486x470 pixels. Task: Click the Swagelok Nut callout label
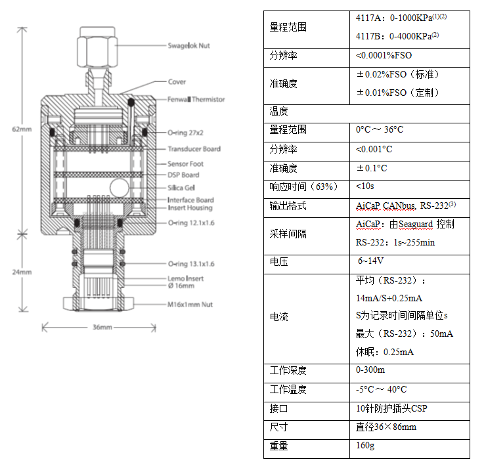(188, 46)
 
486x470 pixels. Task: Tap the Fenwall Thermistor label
(196, 100)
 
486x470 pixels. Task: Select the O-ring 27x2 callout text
(185, 133)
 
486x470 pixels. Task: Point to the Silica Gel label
(181, 188)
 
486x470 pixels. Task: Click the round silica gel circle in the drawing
(120, 188)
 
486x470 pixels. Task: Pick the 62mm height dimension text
(22, 129)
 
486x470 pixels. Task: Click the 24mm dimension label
(22, 272)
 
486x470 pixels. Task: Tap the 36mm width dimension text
(102, 327)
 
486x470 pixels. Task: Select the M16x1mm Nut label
(190, 305)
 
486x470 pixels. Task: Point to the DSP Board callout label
(183, 175)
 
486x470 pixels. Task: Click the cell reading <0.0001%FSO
(384, 55)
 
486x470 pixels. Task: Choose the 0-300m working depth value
(370, 370)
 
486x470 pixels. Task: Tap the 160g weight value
(365, 446)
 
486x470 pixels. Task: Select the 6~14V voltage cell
(370, 261)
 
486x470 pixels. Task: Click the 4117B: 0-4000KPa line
(397, 36)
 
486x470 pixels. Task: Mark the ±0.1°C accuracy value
(372, 168)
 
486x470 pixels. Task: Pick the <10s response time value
(364, 186)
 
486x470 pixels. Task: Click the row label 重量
(278, 446)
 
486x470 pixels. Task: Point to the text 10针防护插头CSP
(391, 408)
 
